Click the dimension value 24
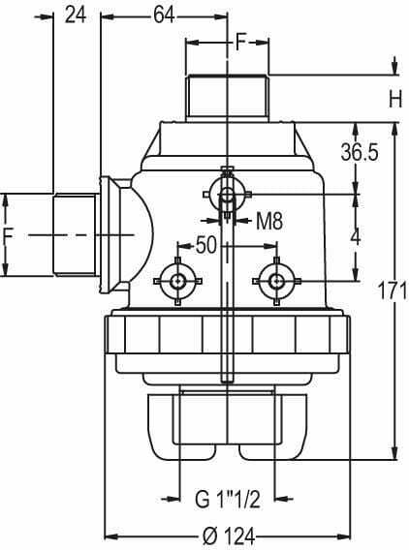(76, 15)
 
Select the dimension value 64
(164, 15)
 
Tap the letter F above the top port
(240, 42)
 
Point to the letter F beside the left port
(8, 235)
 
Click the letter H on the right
(395, 100)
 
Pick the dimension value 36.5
(360, 153)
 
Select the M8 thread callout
(269, 221)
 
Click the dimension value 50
(206, 245)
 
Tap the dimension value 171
(393, 290)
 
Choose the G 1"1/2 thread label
(228, 499)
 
